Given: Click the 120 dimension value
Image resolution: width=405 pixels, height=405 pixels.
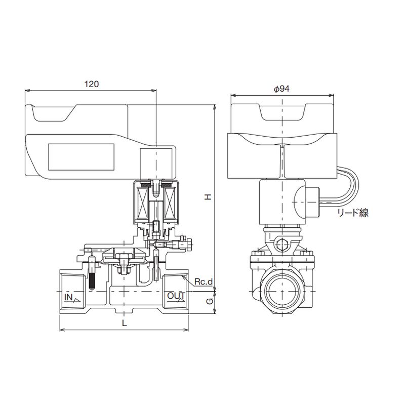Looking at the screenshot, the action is [92, 84].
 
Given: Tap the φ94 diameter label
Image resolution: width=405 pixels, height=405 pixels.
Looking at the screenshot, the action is [282, 89].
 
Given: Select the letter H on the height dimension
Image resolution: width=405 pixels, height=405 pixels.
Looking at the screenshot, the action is [208, 197].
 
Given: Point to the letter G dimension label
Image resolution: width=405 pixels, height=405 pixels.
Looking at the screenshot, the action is [210, 301].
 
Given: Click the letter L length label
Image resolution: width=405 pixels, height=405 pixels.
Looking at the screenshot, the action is [125, 323].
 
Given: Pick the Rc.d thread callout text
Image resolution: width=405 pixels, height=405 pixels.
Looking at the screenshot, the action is [204, 281].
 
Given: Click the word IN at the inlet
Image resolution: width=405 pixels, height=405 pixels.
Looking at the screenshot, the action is [68, 297].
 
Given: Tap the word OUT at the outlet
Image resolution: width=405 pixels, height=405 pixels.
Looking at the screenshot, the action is [176, 296].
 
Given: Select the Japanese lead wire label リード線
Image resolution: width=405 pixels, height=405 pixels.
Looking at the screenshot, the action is [353, 213].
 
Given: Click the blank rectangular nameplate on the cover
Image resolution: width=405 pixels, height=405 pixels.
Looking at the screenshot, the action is [82, 157].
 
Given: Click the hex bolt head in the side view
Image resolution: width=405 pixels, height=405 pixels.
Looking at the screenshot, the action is [282, 245].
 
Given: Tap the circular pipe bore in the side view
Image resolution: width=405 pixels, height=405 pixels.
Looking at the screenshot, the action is [282, 291].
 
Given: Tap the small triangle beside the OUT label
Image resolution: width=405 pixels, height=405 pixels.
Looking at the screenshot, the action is [181, 300].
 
